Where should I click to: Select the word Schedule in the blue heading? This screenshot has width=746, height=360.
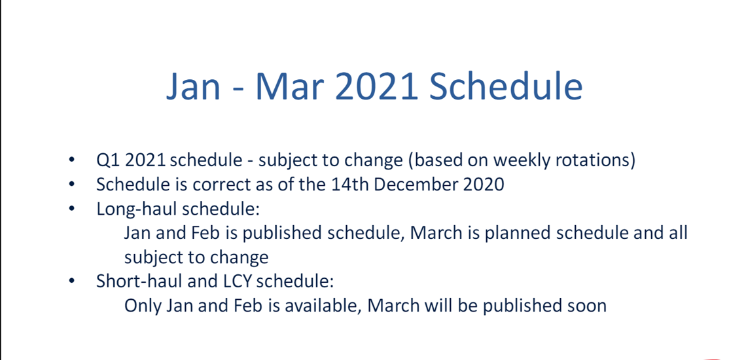(x=506, y=86)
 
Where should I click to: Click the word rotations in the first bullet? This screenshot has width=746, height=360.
(x=597, y=160)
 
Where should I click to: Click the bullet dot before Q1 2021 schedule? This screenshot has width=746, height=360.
(x=72, y=161)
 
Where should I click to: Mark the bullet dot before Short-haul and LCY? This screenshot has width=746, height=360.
(x=72, y=281)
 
